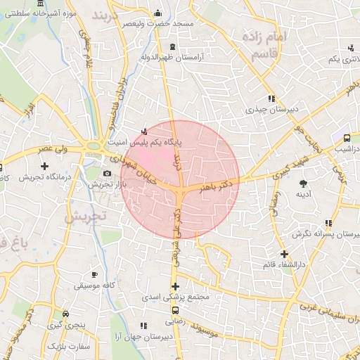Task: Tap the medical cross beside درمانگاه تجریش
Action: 44,167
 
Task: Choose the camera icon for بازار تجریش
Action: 107,173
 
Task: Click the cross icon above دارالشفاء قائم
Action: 284,253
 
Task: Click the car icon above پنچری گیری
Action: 65,314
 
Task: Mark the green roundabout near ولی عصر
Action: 92,146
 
